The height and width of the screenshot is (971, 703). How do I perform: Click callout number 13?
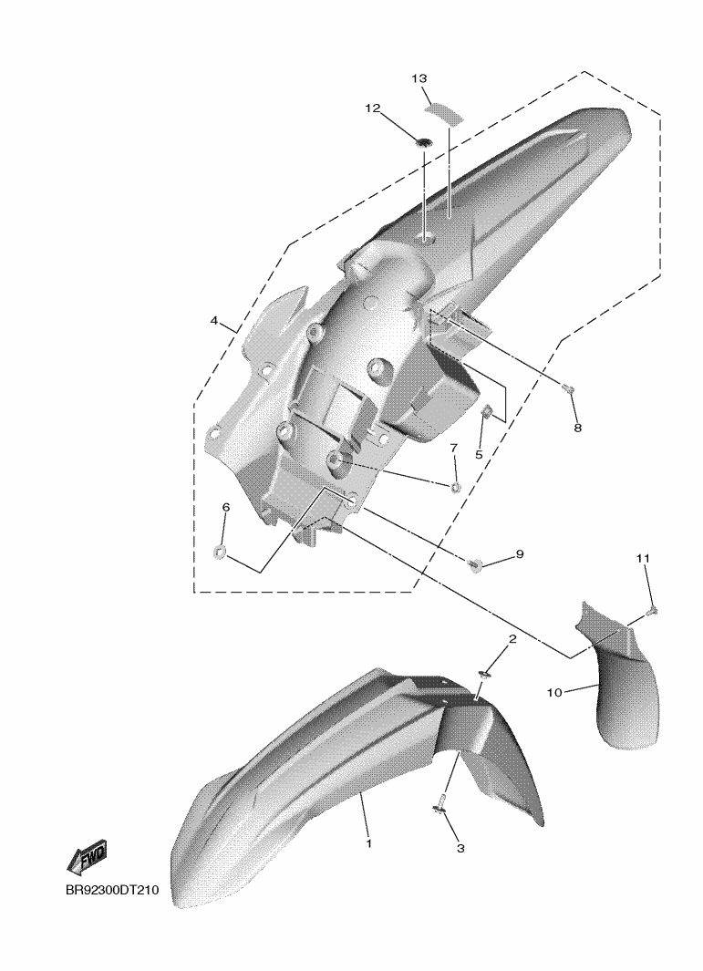(x=419, y=79)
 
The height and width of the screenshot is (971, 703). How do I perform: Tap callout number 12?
(x=372, y=108)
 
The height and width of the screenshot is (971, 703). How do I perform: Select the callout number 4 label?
(x=213, y=321)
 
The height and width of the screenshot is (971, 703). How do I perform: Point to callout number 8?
(x=577, y=427)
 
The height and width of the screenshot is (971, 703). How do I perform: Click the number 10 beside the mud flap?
(x=554, y=693)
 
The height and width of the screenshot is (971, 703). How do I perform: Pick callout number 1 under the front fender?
(x=368, y=843)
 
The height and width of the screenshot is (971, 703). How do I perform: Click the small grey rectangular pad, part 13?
(x=442, y=110)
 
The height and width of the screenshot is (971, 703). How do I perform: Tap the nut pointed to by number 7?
(x=456, y=486)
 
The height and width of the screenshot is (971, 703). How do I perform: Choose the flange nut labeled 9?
(x=475, y=566)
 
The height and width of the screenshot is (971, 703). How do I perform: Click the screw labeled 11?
(x=652, y=611)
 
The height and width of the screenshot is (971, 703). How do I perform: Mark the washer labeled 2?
(x=483, y=675)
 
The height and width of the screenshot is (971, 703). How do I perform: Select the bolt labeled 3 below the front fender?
(x=439, y=804)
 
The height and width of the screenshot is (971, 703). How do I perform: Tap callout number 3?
(x=460, y=848)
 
